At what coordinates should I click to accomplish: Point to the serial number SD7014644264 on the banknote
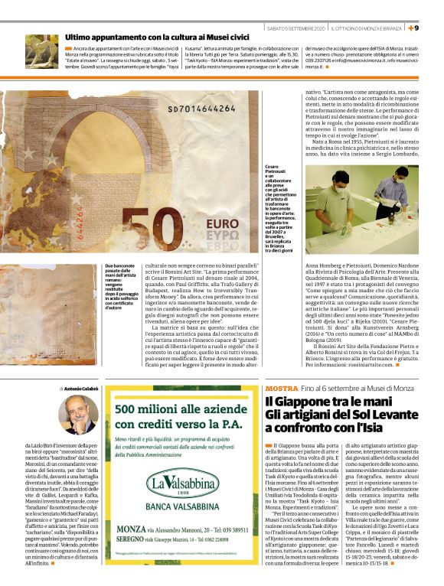click(x=181, y=109)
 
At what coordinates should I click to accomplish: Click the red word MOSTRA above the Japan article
click(x=282, y=389)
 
